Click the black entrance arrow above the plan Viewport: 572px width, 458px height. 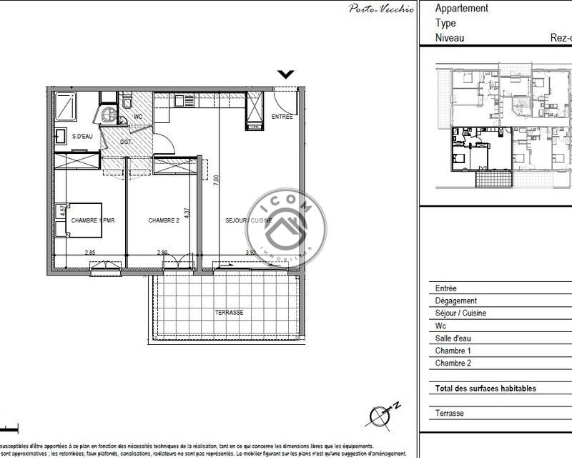coord(286,73)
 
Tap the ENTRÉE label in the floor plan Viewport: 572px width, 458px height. coord(282,117)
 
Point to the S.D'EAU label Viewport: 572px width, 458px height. coord(77,137)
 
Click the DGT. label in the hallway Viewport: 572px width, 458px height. coord(126,142)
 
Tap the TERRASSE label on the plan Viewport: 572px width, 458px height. coord(230,313)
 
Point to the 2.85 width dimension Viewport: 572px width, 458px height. coord(90,252)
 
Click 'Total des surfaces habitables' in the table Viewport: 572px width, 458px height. coord(485,389)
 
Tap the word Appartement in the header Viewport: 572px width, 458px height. coord(462,9)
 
